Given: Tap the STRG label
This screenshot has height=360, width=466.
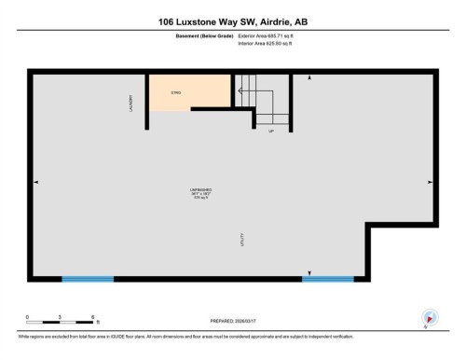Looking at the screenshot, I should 175,92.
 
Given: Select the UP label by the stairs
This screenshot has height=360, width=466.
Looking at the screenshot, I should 271,131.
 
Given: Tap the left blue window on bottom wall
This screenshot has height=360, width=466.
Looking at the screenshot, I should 88,278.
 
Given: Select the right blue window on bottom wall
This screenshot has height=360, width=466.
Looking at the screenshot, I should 327,278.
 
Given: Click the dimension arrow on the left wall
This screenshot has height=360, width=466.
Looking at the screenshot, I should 35,181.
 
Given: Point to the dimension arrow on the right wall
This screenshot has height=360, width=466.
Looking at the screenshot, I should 430,181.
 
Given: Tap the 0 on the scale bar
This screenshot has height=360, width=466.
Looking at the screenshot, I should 27,317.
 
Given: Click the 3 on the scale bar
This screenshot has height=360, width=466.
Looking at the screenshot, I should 60,317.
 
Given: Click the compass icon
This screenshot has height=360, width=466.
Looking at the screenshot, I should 430,317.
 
